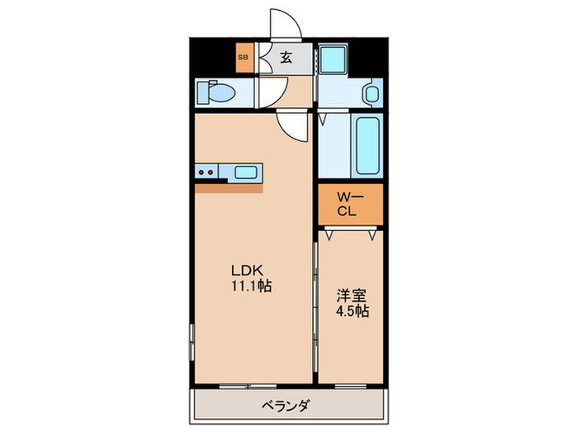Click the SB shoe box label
(244, 57)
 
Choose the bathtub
(367, 145)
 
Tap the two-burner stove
(206, 172)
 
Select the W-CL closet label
(351, 203)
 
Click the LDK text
(246, 271)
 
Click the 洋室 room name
(349, 295)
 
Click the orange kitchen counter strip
(228, 186)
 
